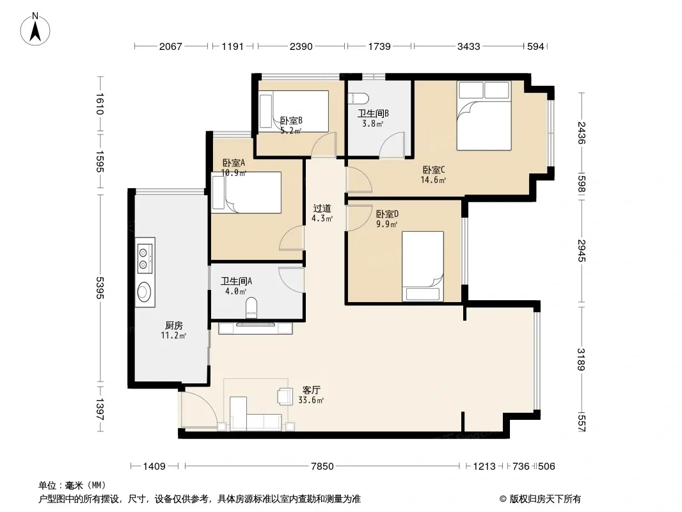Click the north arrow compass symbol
pyautogui.click(x=35, y=29)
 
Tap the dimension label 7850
pyautogui.click(x=322, y=467)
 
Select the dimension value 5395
pyautogui.click(x=100, y=288)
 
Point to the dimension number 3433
pyautogui.click(x=468, y=46)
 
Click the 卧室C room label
pyautogui.click(x=434, y=170)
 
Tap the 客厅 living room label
pyautogui.click(x=312, y=390)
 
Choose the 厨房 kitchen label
pyautogui.click(x=174, y=325)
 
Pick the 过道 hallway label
pyautogui.click(x=322, y=209)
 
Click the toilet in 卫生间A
pyautogui.click(x=251, y=308)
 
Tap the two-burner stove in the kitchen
pyautogui.click(x=145, y=258)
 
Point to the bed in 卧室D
pyautogui.click(x=423, y=266)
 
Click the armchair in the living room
pyautogui.click(x=285, y=396)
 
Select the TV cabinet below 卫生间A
pyautogui.click(x=255, y=328)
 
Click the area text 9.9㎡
pyautogui.click(x=386, y=225)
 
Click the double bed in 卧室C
pyautogui.click(x=484, y=116)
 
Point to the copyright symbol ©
pyautogui.click(x=503, y=499)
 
